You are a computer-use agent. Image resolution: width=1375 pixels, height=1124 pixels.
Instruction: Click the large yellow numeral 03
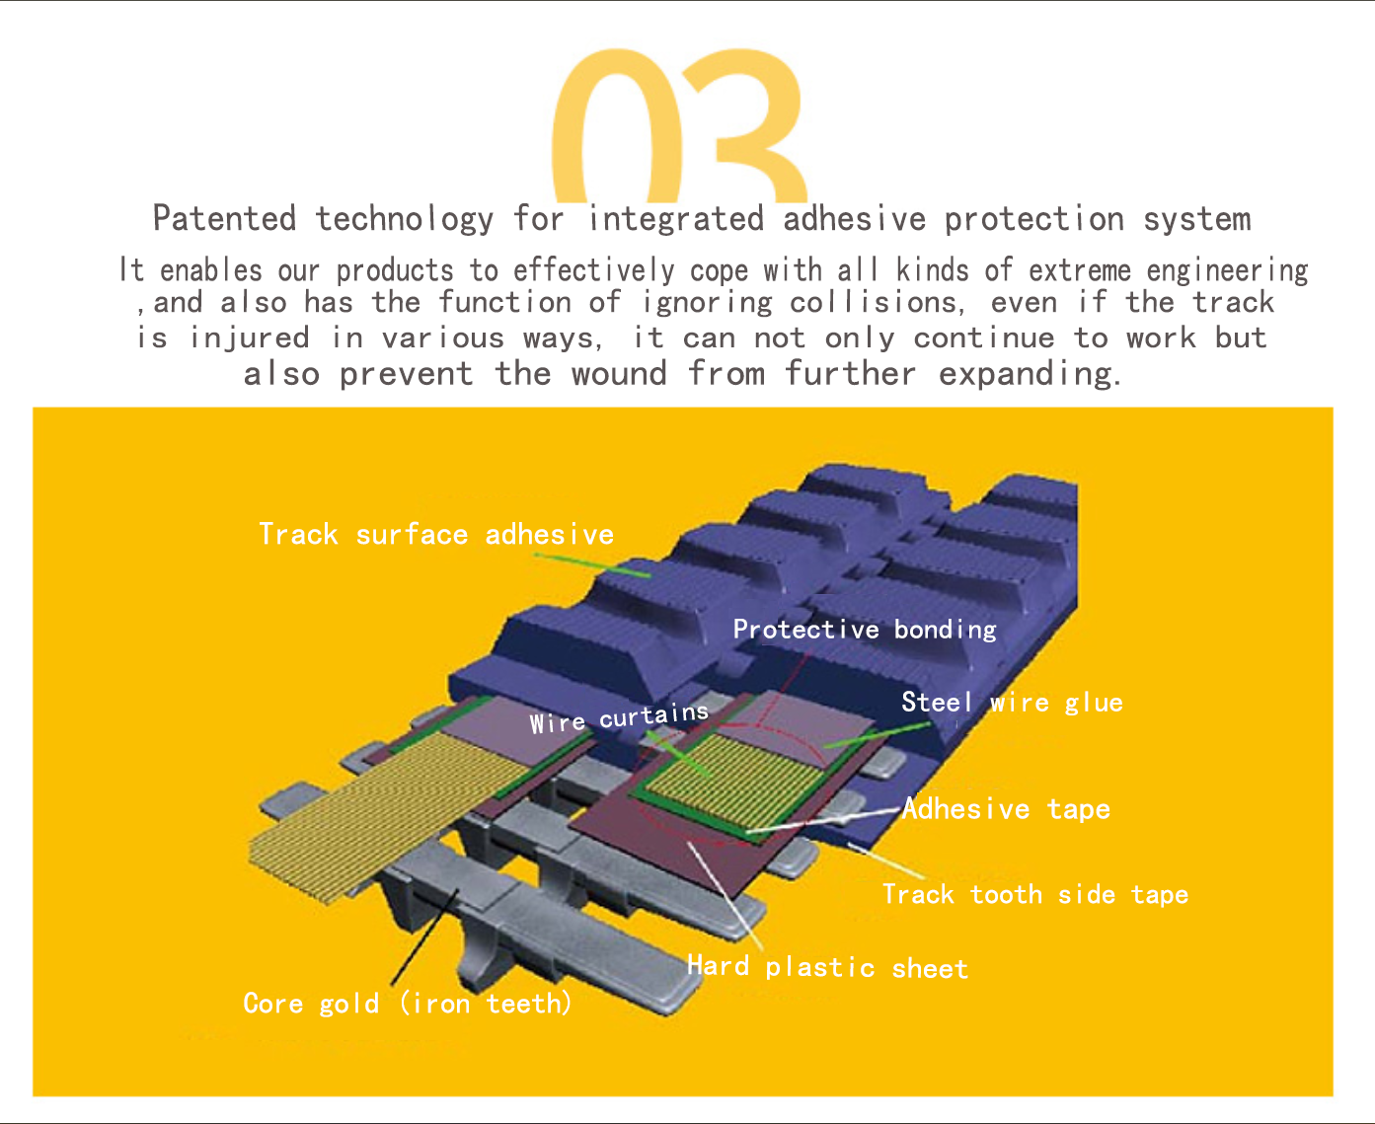tap(679, 127)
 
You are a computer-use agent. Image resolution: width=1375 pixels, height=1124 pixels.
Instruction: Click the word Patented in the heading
tap(224, 218)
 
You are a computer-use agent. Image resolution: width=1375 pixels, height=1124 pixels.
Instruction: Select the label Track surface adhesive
tap(436, 535)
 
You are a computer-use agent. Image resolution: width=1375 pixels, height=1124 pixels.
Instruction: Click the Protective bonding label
tap(865, 630)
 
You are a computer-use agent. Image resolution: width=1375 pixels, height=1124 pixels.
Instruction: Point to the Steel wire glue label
tap(1012, 703)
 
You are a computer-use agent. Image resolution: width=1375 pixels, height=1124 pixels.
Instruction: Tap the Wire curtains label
tap(619, 718)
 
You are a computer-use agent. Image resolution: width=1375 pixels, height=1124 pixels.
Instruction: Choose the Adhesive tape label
tap(1006, 809)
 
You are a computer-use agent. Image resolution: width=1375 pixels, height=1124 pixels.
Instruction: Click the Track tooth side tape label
tap(1035, 894)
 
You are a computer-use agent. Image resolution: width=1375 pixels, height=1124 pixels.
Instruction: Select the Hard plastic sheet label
tap(827, 967)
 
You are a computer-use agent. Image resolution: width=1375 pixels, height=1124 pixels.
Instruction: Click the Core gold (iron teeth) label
tap(408, 1004)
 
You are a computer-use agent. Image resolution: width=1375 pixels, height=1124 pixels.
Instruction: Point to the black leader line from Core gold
tap(424, 937)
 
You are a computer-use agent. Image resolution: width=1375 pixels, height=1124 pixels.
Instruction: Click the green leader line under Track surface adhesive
tap(592, 565)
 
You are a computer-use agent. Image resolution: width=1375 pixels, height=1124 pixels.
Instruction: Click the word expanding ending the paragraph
tap(1030, 375)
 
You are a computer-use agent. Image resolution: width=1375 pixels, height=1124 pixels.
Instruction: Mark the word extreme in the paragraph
tap(1080, 270)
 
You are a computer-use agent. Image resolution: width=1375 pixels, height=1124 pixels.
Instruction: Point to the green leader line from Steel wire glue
tap(877, 734)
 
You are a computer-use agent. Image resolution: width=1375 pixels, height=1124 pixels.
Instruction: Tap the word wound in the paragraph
tap(619, 375)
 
